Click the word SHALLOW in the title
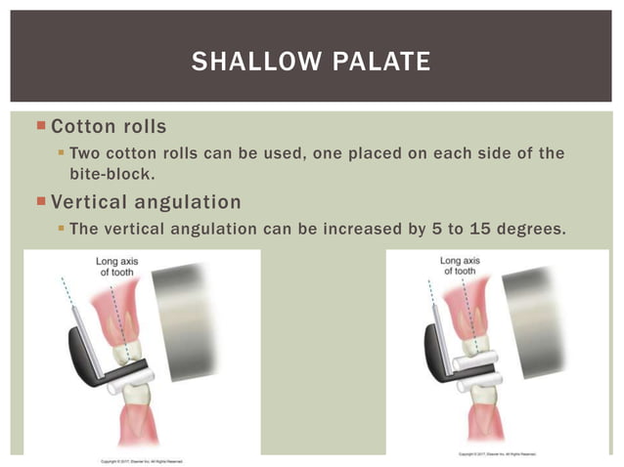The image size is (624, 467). click(x=252, y=62)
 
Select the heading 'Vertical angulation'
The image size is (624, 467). click(x=146, y=202)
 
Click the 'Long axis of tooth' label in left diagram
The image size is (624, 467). click(x=114, y=266)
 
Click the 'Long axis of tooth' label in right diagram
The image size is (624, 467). click(x=459, y=266)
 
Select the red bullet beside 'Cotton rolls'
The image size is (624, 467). click(x=40, y=126)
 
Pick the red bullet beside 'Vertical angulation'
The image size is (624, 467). click(x=40, y=202)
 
